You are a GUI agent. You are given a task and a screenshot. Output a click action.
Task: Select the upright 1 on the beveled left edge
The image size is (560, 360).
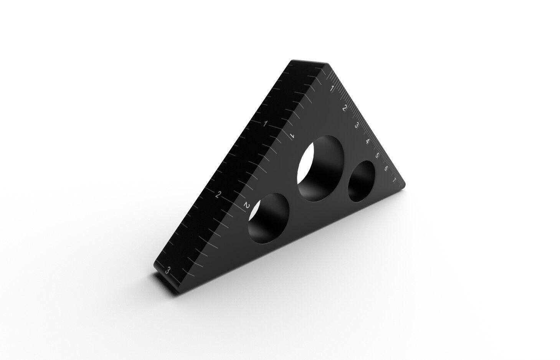(x=265, y=124)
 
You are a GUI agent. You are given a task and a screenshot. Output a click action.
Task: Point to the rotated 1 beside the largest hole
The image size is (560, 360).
(x=292, y=135)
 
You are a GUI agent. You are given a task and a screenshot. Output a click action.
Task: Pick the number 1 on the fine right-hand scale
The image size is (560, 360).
(x=332, y=89)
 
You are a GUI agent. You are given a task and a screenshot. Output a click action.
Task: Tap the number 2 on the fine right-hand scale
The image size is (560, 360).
(x=344, y=108)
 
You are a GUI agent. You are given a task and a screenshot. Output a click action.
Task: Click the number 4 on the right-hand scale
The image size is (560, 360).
(x=367, y=141)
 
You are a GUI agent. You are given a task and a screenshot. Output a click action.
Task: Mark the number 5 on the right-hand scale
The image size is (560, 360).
(x=377, y=155)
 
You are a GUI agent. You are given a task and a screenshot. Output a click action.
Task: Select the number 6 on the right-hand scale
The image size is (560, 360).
(x=385, y=168)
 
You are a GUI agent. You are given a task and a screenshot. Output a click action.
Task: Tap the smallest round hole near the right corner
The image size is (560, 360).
(x=361, y=181)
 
